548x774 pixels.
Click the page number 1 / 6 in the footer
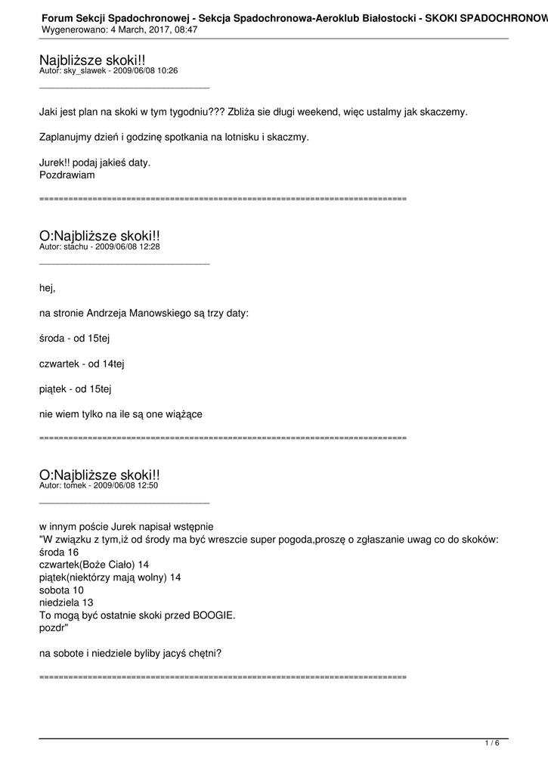[x=491, y=743]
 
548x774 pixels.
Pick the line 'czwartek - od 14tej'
[x=82, y=364]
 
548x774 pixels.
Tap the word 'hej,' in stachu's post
[x=47, y=287]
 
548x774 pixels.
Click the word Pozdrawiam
[x=67, y=175]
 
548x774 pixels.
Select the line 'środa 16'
[x=59, y=553]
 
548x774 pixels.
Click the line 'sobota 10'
[x=61, y=590]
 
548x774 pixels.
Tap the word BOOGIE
[x=215, y=615]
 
